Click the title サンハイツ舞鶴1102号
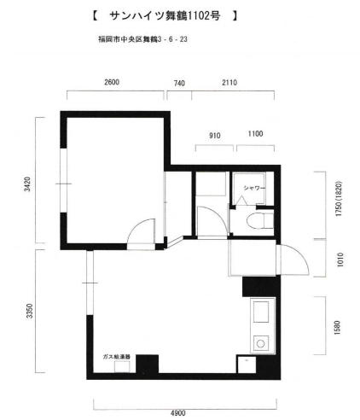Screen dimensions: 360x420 click(x=165, y=15)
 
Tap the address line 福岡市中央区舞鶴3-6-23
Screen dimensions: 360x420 click(x=142, y=39)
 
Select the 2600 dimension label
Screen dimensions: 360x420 click(x=112, y=82)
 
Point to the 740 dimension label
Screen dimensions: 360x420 click(x=179, y=83)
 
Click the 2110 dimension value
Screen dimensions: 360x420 click(x=229, y=83)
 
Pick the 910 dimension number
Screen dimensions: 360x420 click(x=215, y=136)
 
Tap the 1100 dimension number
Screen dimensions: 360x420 click(x=255, y=134)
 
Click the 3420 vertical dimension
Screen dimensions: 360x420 click(x=27, y=184)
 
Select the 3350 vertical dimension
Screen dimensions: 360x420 click(x=30, y=311)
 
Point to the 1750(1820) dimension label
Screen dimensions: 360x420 click(x=339, y=199)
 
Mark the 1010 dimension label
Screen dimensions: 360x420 click(x=340, y=260)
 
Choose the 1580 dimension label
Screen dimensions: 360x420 click(x=337, y=328)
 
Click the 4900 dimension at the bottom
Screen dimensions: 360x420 click(x=178, y=413)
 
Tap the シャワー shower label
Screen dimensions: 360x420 click(x=254, y=188)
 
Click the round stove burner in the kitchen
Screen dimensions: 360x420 click(x=260, y=344)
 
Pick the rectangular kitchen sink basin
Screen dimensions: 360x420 click(x=261, y=312)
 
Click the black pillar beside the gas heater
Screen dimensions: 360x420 click(x=147, y=364)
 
